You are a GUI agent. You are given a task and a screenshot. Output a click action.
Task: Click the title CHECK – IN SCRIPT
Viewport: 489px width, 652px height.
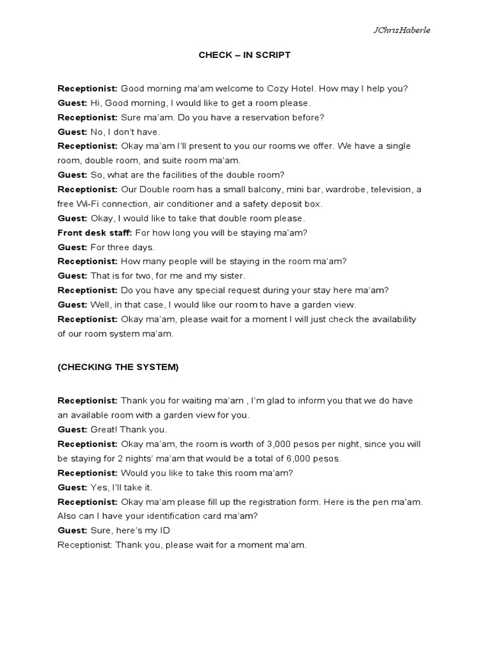click(x=244, y=55)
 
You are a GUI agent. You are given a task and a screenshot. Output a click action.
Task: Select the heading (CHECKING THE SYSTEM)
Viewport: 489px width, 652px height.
click(x=118, y=367)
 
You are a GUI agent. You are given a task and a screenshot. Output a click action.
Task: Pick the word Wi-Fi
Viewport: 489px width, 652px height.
click(x=90, y=204)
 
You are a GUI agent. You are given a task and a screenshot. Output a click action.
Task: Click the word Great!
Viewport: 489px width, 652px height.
click(x=103, y=429)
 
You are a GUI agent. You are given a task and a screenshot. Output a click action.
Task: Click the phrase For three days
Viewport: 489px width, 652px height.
click(x=123, y=247)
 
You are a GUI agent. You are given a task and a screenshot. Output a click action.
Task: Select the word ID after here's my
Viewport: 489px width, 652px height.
click(x=164, y=530)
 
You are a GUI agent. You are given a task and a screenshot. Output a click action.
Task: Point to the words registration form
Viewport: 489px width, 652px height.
click(x=280, y=502)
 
